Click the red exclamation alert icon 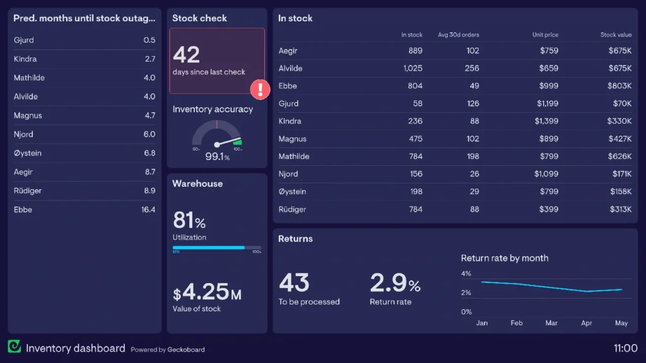point(260,89)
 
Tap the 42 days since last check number point(186,55)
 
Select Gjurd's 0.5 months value point(149,40)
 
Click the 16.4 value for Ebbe point(148,210)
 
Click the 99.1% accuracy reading point(217,156)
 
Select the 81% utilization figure point(189,221)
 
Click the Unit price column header point(545,35)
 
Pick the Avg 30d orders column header point(458,35)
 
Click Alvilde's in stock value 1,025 point(412,68)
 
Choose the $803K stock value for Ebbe point(620,86)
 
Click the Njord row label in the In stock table point(288,174)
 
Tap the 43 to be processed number point(294,283)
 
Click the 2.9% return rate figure point(395,283)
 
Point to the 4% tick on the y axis point(466,274)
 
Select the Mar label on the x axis point(551,323)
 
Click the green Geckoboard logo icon point(15,347)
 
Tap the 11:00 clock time point(625,348)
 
